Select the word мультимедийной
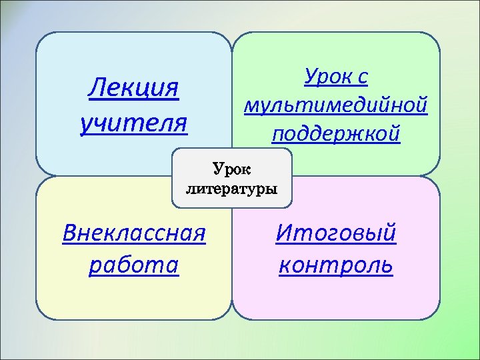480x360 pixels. point(336,105)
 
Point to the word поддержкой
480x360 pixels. point(336,133)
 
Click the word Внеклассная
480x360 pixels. point(133,234)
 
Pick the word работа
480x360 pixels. point(133,265)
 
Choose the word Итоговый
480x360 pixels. point(336,234)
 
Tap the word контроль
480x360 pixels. point(336,265)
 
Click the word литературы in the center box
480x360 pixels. point(231,189)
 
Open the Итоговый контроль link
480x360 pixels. point(336,249)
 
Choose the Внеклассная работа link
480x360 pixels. point(133,249)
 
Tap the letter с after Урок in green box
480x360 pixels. point(361,79)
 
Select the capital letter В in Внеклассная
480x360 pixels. point(69,234)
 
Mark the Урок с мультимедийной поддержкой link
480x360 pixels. point(336,105)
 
